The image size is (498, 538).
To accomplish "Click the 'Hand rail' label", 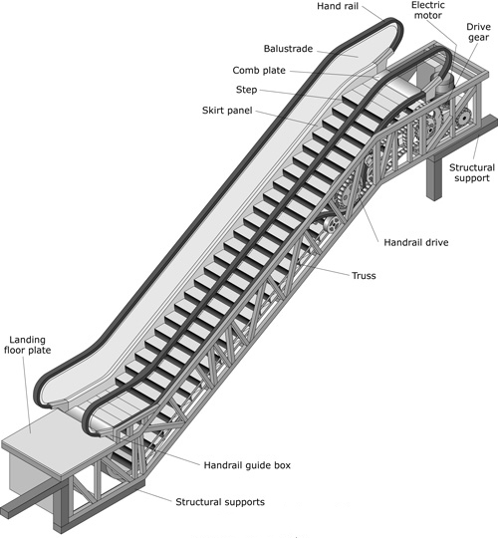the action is pos(338,6).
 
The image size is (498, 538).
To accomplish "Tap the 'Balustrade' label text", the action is pos(288,49).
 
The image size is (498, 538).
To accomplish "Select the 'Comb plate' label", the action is pos(259,71).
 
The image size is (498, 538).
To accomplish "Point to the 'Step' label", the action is pos(246,90).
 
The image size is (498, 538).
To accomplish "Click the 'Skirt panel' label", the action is pos(227,111).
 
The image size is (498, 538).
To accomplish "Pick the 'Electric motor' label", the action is pos(428,10).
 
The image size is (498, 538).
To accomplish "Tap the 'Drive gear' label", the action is pos(478,32).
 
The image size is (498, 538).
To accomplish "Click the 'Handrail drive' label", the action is pos(416,242).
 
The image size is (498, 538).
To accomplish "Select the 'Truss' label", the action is pos(364,276).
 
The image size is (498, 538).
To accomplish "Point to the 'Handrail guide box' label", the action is pos(247,465).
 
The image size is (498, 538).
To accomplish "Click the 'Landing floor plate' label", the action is pos(28,345).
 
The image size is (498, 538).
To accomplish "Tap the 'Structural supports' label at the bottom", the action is pos(220,502).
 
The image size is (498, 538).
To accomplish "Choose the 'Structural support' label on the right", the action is pos(472,173).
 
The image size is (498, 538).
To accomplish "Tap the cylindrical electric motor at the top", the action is pos(445,85).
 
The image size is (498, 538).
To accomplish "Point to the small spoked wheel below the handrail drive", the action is pos(332,225).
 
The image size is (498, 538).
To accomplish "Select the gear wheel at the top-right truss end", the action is pos(464,119).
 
